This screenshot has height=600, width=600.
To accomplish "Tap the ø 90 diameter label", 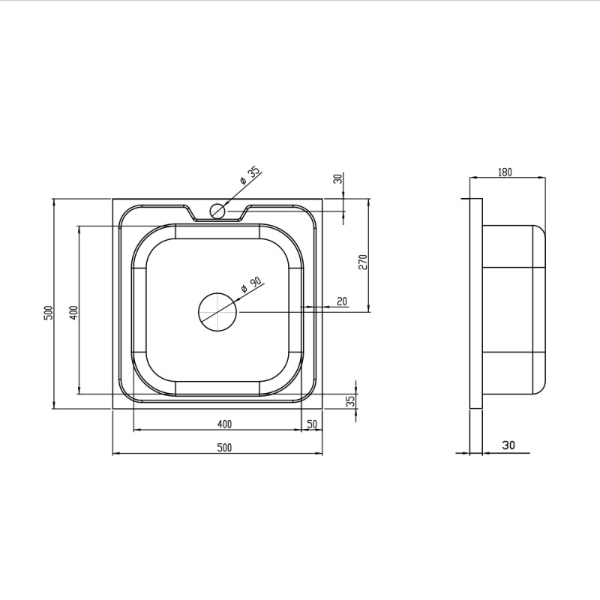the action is coord(251,285).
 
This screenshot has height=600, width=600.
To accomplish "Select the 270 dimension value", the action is coord(363,262).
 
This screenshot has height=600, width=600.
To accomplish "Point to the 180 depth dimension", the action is coord(505,172).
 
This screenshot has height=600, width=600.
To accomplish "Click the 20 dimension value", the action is coord(342,301).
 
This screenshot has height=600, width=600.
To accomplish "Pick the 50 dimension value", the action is coord(312,424).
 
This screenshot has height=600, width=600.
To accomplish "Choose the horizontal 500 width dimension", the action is coord(224,447).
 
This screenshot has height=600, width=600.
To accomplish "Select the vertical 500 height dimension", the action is coord(48,313).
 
